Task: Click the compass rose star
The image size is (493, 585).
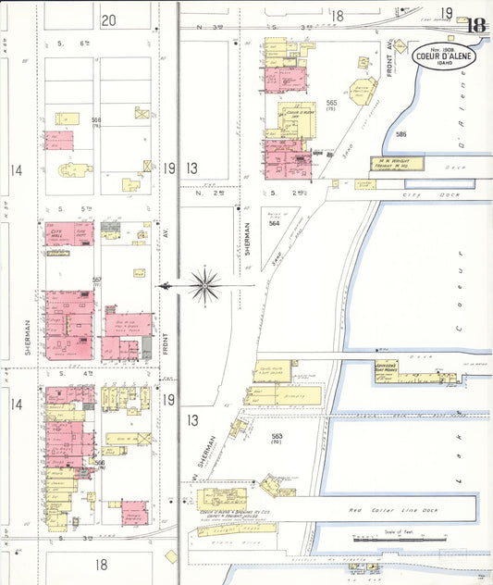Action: click(x=204, y=285)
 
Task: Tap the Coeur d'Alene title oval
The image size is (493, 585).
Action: click(x=448, y=55)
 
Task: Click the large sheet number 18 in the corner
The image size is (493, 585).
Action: click(x=476, y=25)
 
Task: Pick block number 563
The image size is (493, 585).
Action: click(x=277, y=437)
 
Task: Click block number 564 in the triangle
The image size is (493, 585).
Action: click(x=274, y=223)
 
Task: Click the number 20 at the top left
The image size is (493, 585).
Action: click(x=108, y=19)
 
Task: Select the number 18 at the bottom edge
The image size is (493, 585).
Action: click(x=100, y=564)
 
